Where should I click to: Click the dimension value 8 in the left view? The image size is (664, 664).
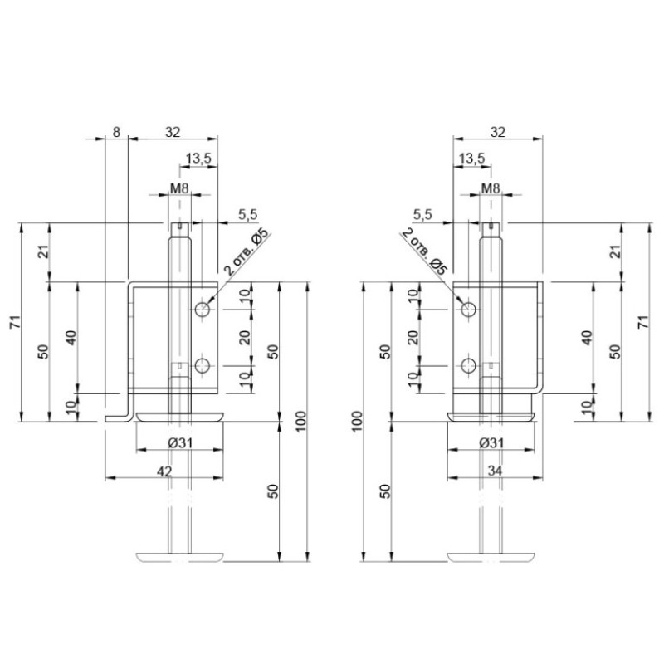[x=116, y=132]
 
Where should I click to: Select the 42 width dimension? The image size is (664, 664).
[x=164, y=471]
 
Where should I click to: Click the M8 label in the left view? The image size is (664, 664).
[x=179, y=188]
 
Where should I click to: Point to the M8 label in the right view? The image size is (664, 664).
[x=491, y=188]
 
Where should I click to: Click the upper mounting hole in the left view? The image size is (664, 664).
[x=203, y=310]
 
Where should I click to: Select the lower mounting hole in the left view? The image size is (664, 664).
[x=203, y=366]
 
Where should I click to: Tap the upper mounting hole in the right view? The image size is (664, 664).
[x=468, y=310]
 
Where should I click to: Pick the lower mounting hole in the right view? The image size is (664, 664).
[x=468, y=366]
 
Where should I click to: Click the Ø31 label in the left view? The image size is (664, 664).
[x=180, y=443]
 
